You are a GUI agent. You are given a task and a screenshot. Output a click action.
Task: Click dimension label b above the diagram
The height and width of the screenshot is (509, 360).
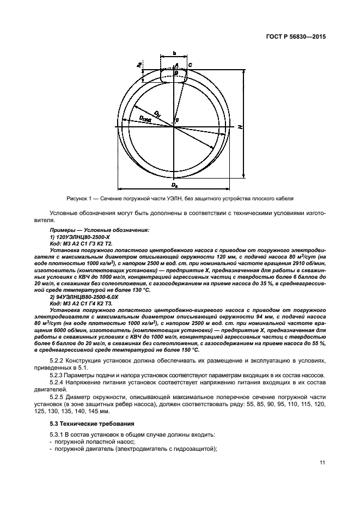(x=174, y=53)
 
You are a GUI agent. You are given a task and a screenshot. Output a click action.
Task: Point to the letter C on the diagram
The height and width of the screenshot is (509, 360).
(x=190, y=65)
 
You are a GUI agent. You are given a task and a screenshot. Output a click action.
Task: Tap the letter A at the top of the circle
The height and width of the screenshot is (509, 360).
(x=176, y=65)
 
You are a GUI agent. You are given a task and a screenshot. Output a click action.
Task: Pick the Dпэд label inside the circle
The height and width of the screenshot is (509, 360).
(x=145, y=119)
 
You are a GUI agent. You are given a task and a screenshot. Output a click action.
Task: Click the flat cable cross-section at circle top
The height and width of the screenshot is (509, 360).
(x=174, y=73)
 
